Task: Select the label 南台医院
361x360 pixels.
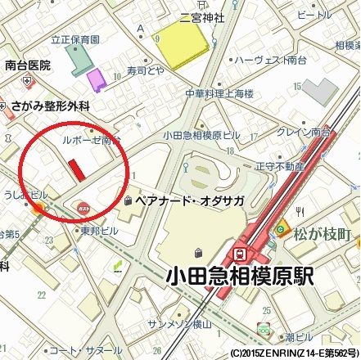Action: coord(27,65)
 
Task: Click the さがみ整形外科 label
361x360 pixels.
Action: coord(49,106)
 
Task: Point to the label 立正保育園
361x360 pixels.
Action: coord(74,38)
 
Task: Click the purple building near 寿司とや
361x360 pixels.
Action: coord(97,80)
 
